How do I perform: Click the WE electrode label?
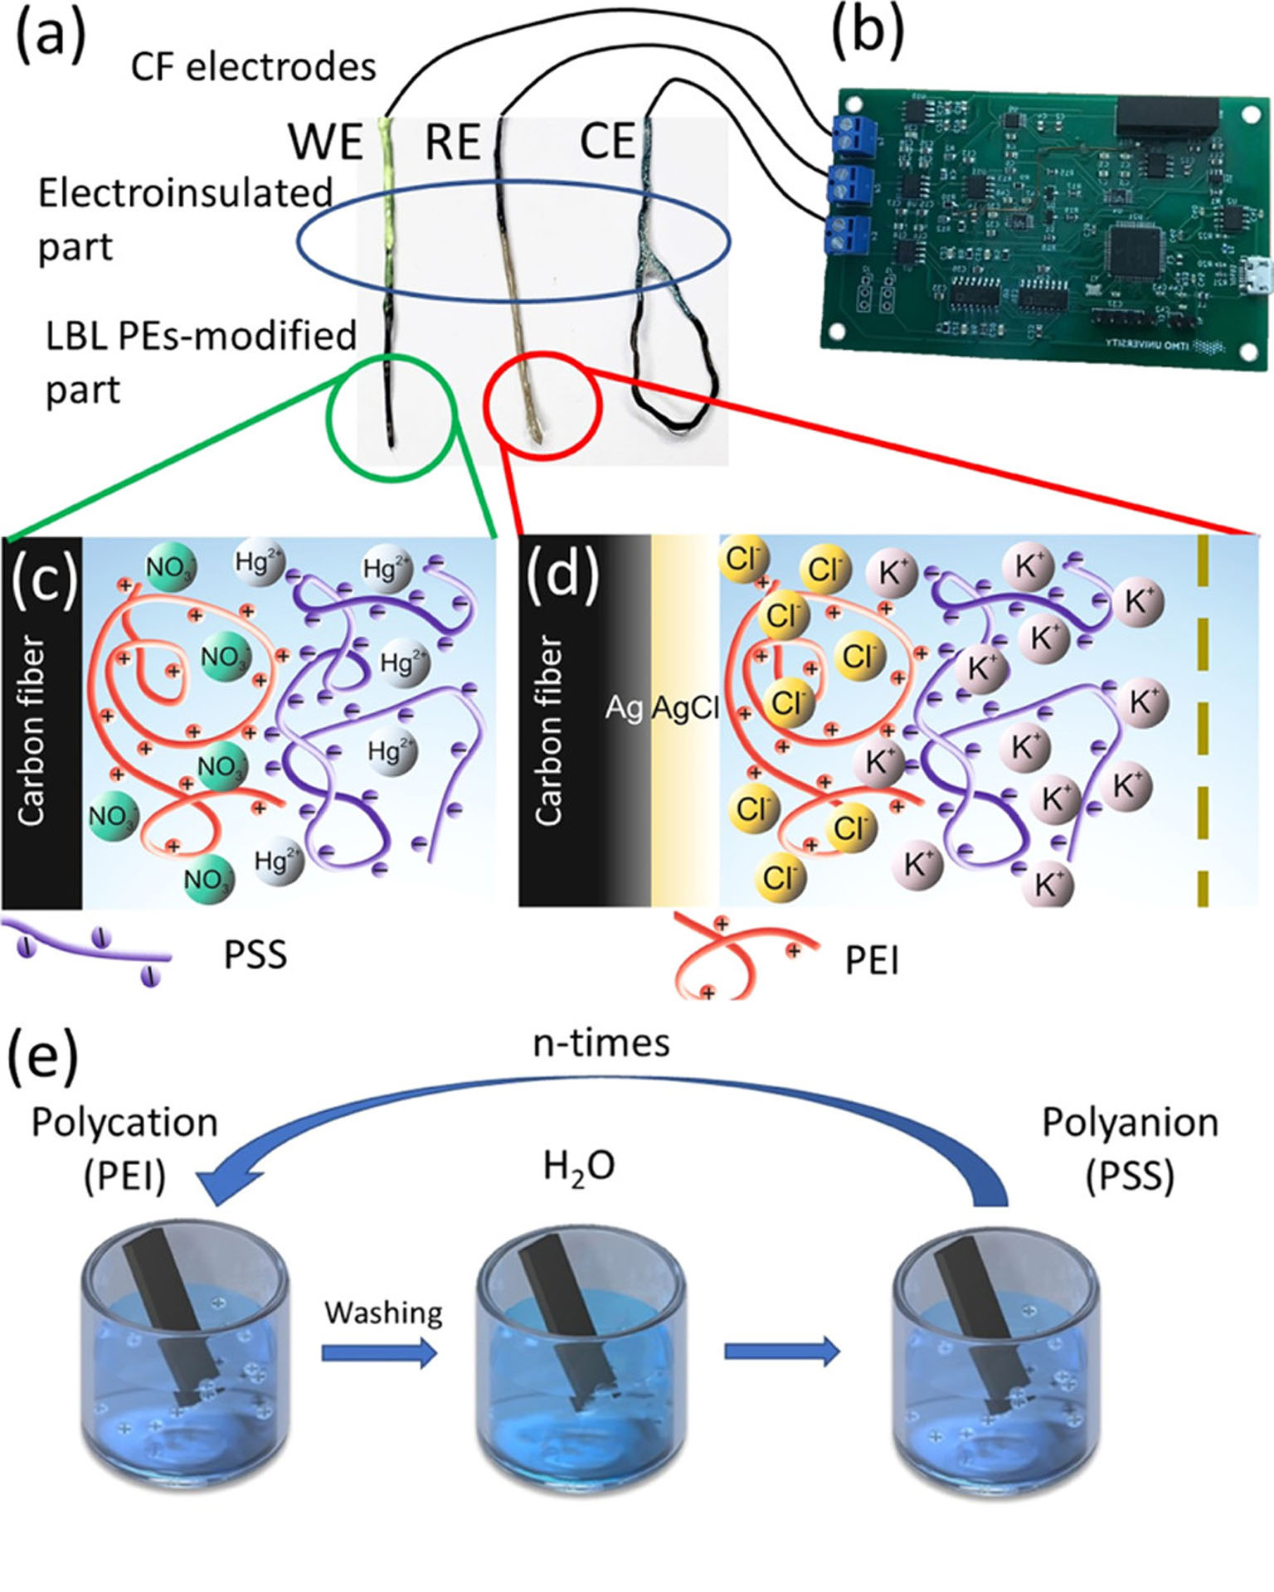click(x=326, y=142)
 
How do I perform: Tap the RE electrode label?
click(x=453, y=142)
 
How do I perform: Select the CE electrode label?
click(x=606, y=141)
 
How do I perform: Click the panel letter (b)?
click(x=867, y=35)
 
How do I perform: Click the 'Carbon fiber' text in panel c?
click(x=32, y=730)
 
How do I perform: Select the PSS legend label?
click(x=255, y=955)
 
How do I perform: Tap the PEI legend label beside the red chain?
click(x=872, y=961)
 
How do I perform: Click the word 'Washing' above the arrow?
click(x=383, y=1313)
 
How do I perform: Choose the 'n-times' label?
click(x=601, y=1043)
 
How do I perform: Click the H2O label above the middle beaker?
click(x=579, y=1167)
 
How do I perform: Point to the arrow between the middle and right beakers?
click(x=781, y=1352)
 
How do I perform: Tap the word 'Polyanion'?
click(x=1130, y=1123)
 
